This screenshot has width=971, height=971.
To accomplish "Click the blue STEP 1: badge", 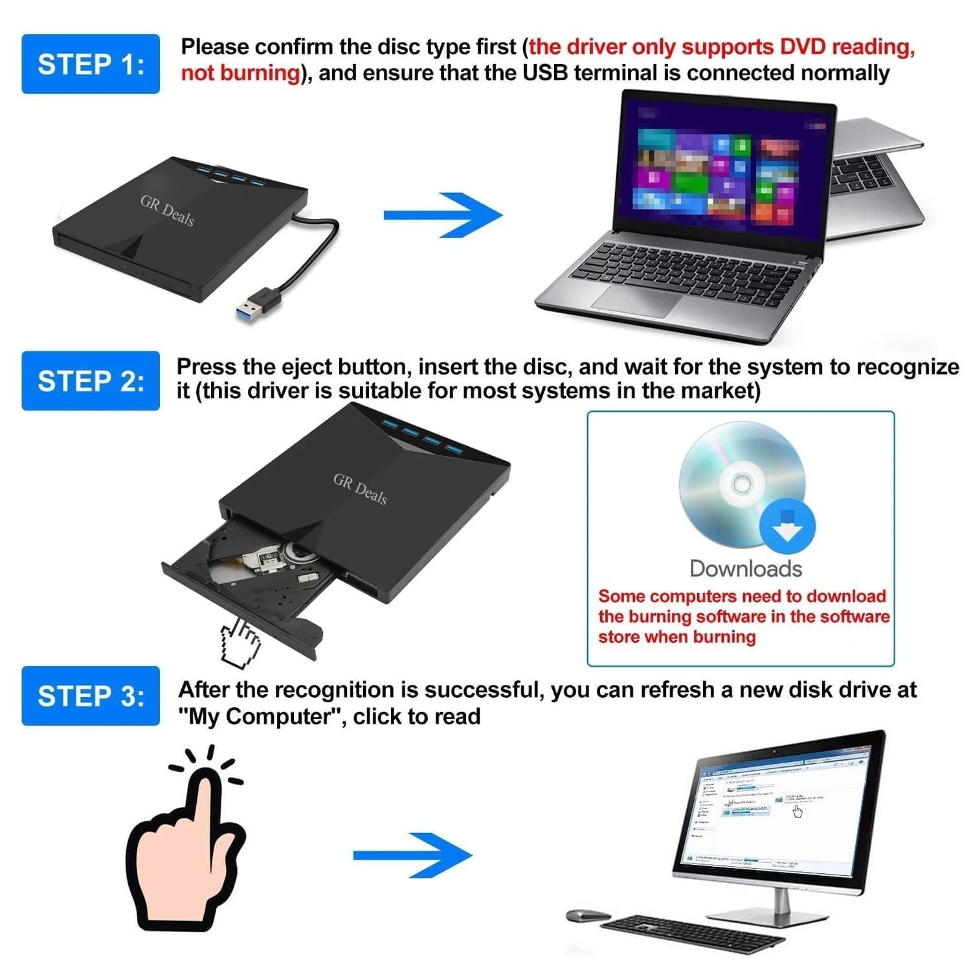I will coord(91,64).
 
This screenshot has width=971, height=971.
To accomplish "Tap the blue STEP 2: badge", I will coord(91,381).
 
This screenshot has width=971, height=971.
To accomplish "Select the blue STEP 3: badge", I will coord(91,696).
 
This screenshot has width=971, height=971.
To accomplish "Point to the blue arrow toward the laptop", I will coord(443,215).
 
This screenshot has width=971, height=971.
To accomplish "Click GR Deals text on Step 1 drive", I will coord(167,210).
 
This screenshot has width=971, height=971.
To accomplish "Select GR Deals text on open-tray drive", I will coord(360,488).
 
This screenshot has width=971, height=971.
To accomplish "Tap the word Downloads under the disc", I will coord(746,568).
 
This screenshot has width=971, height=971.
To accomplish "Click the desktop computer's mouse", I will coord(588,915).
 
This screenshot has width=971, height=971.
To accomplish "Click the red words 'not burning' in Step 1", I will coord(240,73).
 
